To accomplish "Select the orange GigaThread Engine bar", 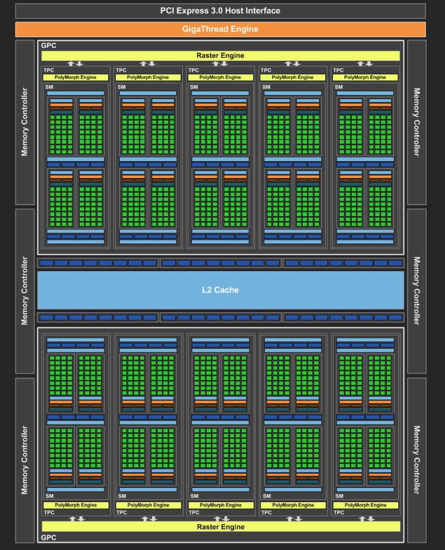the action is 220,30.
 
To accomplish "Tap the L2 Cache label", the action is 220,290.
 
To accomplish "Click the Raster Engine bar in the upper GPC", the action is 220,56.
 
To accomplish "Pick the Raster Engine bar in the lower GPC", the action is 221,526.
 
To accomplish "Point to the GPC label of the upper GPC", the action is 49,46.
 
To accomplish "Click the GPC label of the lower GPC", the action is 49,538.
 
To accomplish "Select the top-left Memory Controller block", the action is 25,122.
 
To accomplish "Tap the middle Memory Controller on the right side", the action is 416,291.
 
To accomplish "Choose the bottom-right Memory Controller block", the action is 416,460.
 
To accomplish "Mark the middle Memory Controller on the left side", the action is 25,291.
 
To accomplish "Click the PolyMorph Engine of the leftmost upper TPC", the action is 75,78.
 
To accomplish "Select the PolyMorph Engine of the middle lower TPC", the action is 221,505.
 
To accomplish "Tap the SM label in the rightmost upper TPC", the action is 339,87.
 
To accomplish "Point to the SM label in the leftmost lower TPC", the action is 50,496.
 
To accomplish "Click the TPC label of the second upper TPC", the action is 121,70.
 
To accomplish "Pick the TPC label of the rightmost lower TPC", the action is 339,513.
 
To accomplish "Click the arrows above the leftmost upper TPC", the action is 75,63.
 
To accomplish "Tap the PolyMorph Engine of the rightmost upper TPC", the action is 365,78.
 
